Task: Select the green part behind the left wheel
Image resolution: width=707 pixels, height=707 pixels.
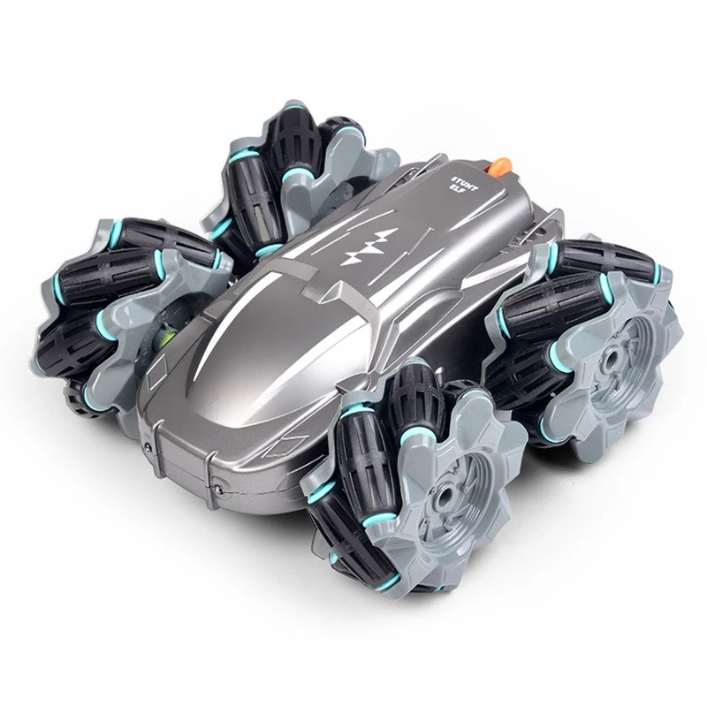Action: pos(171,338)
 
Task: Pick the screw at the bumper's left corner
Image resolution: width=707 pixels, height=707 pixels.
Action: pos(148,447)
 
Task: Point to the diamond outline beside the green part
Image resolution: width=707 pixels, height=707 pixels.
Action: pos(162,368)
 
